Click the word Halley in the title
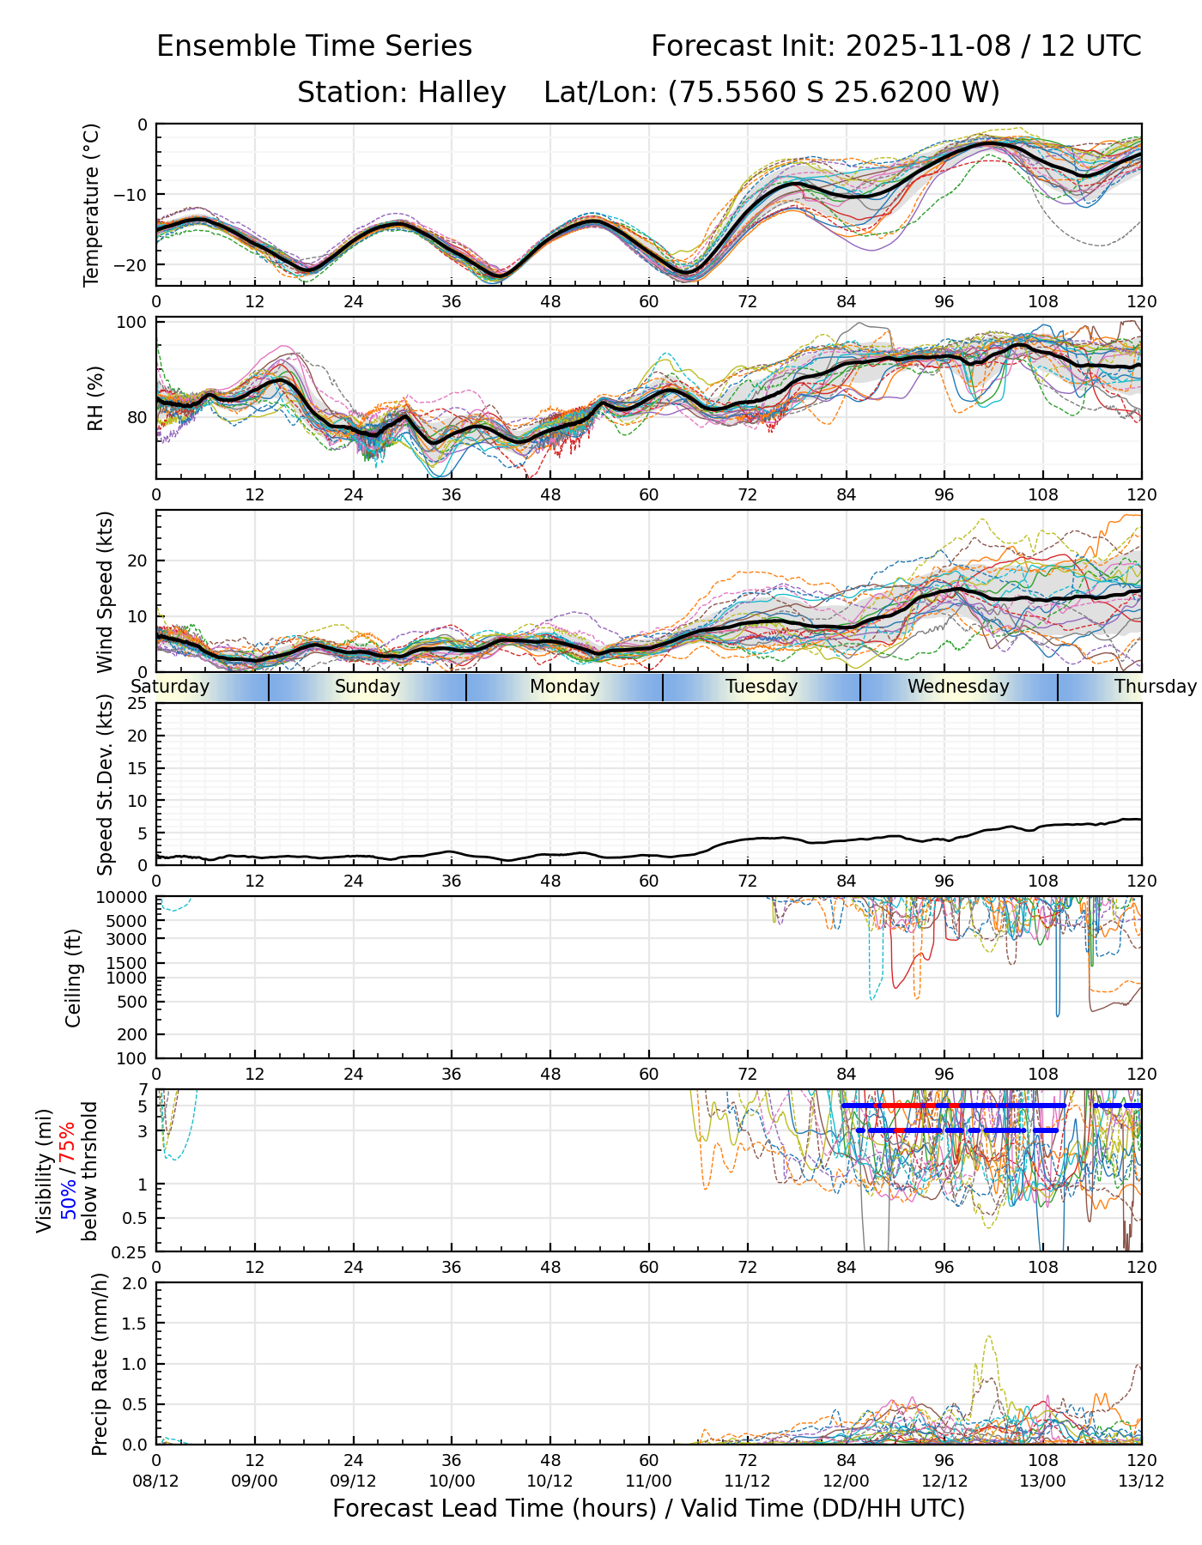[462, 93]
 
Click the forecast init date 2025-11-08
[928, 46]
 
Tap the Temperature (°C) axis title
[92, 204]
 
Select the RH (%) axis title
[94, 398]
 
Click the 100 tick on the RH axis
[132, 323]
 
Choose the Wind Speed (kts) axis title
[105, 591]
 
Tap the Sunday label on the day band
[367, 687]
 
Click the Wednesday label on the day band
[958, 687]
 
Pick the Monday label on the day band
[564, 687]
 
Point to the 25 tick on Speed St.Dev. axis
[137, 704]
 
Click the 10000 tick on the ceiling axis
[124, 898]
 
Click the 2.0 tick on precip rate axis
[135, 1284]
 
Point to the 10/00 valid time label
[452, 1481]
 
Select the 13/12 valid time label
[1141, 1481]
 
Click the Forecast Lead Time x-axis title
[648, 1509]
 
